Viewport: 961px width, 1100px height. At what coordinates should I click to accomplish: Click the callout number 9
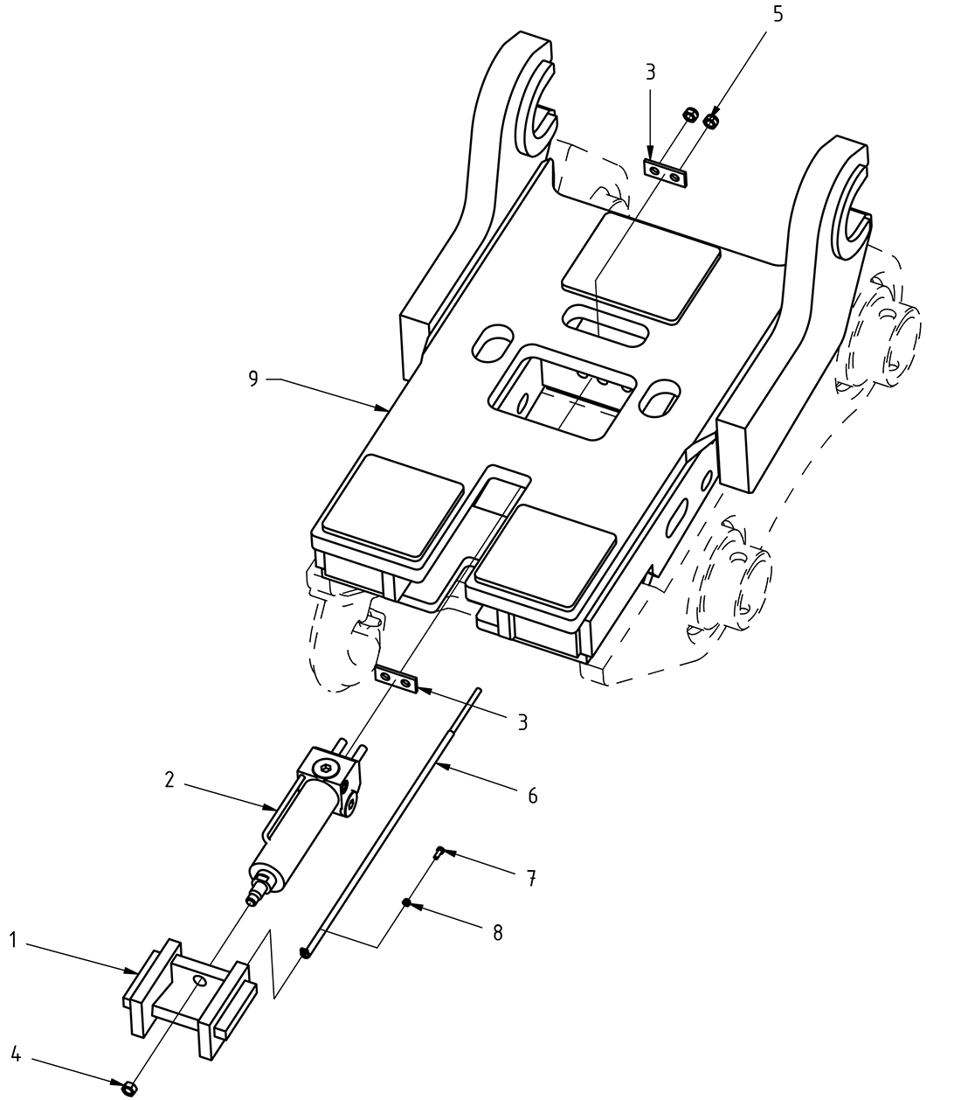[x=252, y=379]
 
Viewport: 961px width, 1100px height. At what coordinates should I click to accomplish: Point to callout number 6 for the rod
[x=532, y=796]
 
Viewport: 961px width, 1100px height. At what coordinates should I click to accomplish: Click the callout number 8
[x=497, y=933]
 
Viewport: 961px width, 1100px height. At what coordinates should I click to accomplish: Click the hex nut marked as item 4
[x=128, y=1087]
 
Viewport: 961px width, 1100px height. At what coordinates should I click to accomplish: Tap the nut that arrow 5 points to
[x=711, y=121]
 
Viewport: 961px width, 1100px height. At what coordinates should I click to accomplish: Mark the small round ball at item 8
[x=407, y=902]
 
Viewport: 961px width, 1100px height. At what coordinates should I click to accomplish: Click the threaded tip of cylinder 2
[x=255, y=897]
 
